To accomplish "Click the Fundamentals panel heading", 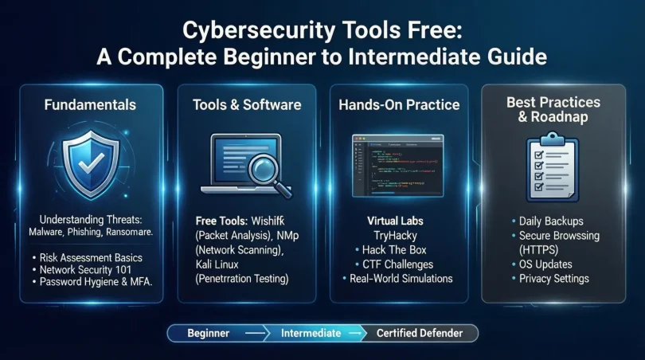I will point(91,104).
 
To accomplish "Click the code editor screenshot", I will point(397,164).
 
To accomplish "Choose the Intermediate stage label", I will point(311,333).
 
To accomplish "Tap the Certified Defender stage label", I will point(420,333).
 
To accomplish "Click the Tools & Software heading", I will point(247,104).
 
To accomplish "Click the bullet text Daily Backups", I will point(551,221).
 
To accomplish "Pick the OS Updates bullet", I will point(545,264).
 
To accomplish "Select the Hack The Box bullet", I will point(403,249).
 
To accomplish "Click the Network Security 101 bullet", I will point(92,270).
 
